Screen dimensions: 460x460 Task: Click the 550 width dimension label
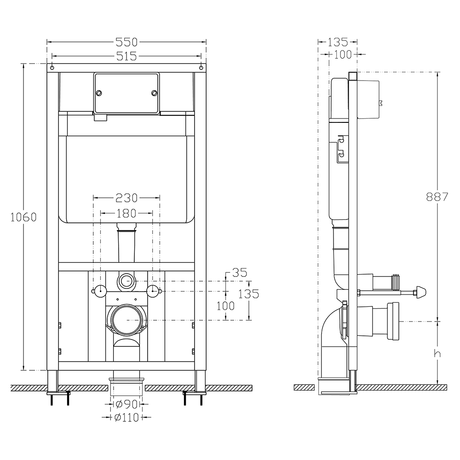point(126,42)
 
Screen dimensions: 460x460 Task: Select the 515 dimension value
point(126,56)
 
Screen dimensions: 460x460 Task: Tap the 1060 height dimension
point(23,217)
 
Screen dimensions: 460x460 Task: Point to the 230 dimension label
point(126,198)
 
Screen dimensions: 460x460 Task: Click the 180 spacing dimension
point(126,213)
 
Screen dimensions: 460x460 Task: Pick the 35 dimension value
point(240,272)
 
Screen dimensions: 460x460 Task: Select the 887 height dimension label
point(437,197)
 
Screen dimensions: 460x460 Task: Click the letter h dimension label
point(437,353)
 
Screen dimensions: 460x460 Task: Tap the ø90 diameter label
point(126,404)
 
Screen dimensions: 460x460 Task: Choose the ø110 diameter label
point(126,417)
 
